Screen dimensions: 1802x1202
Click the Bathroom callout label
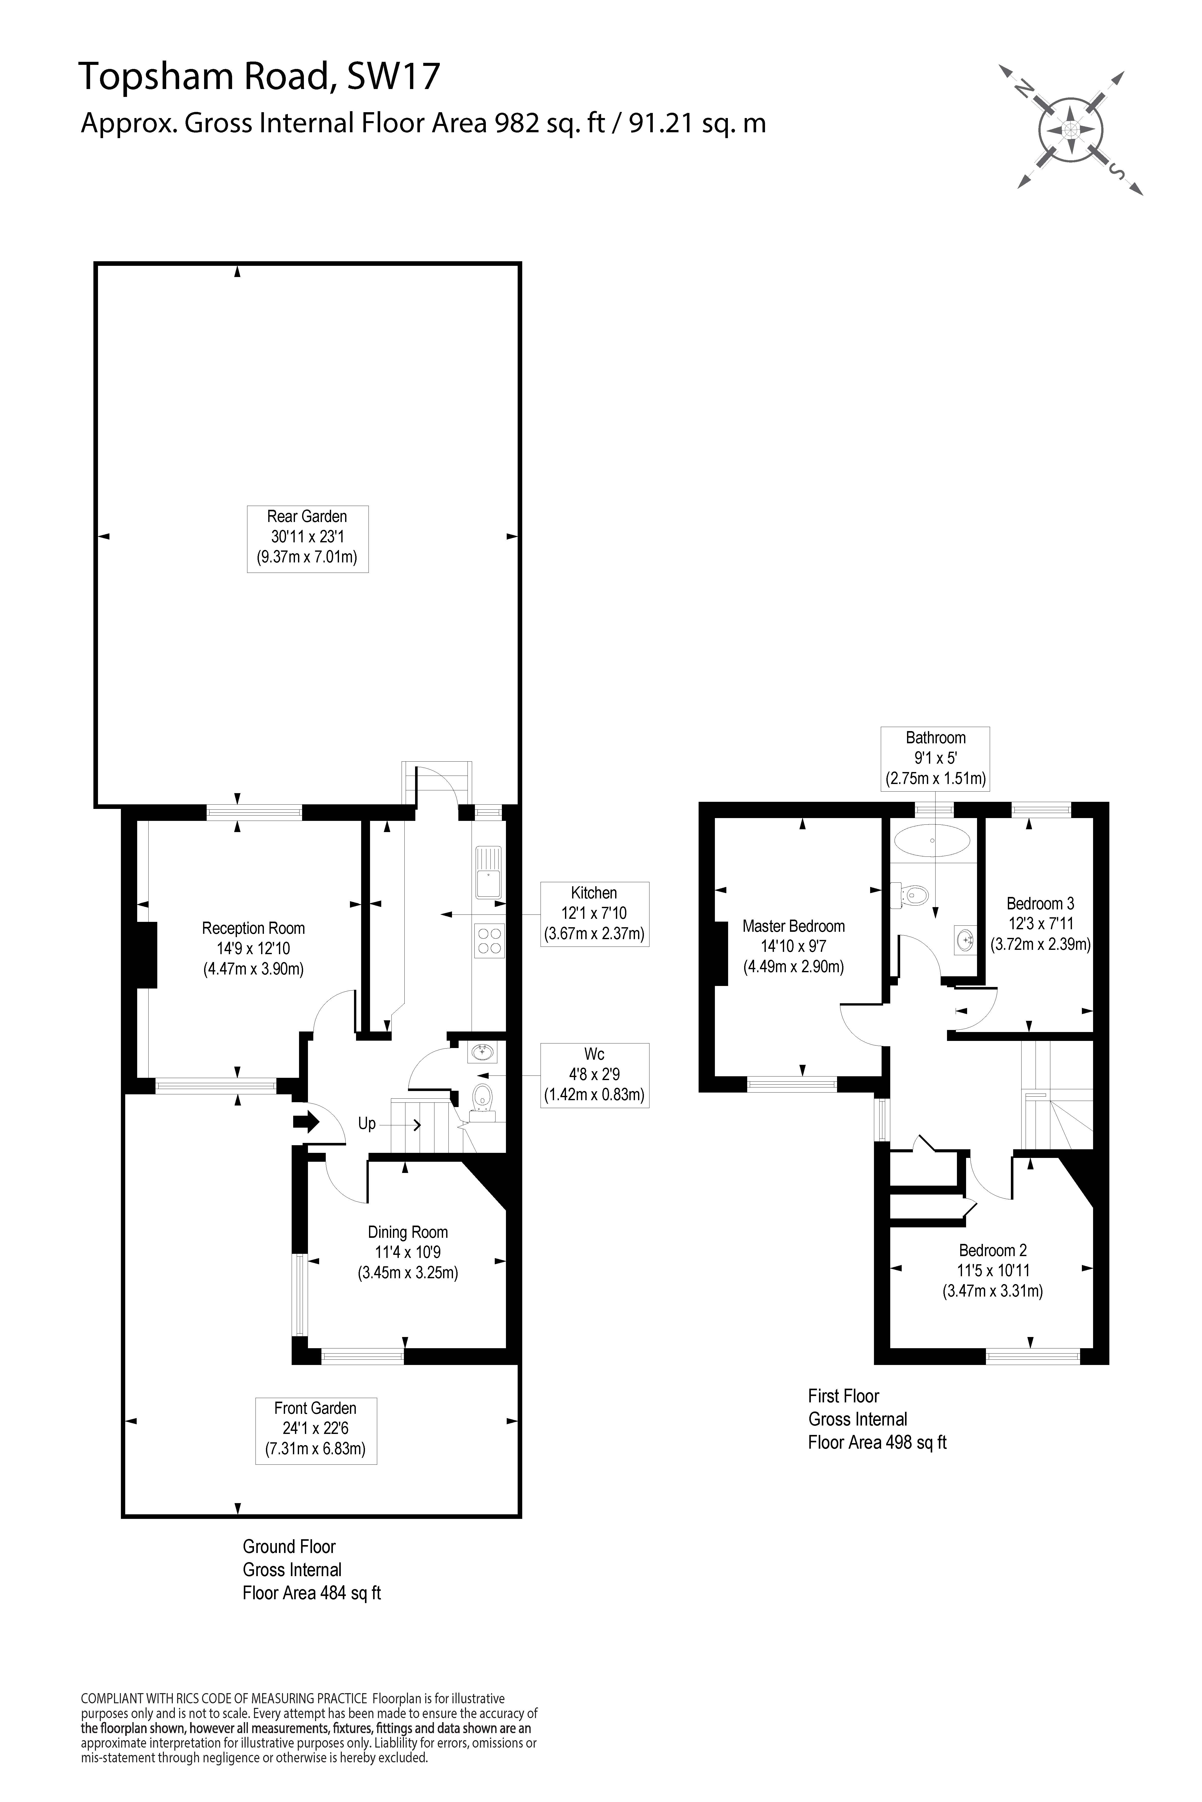[935, 759]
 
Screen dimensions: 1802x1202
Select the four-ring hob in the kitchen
[489, 941]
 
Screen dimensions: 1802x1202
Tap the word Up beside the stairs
[366, 1123]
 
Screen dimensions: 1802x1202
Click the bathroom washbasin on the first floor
[965, 939]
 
